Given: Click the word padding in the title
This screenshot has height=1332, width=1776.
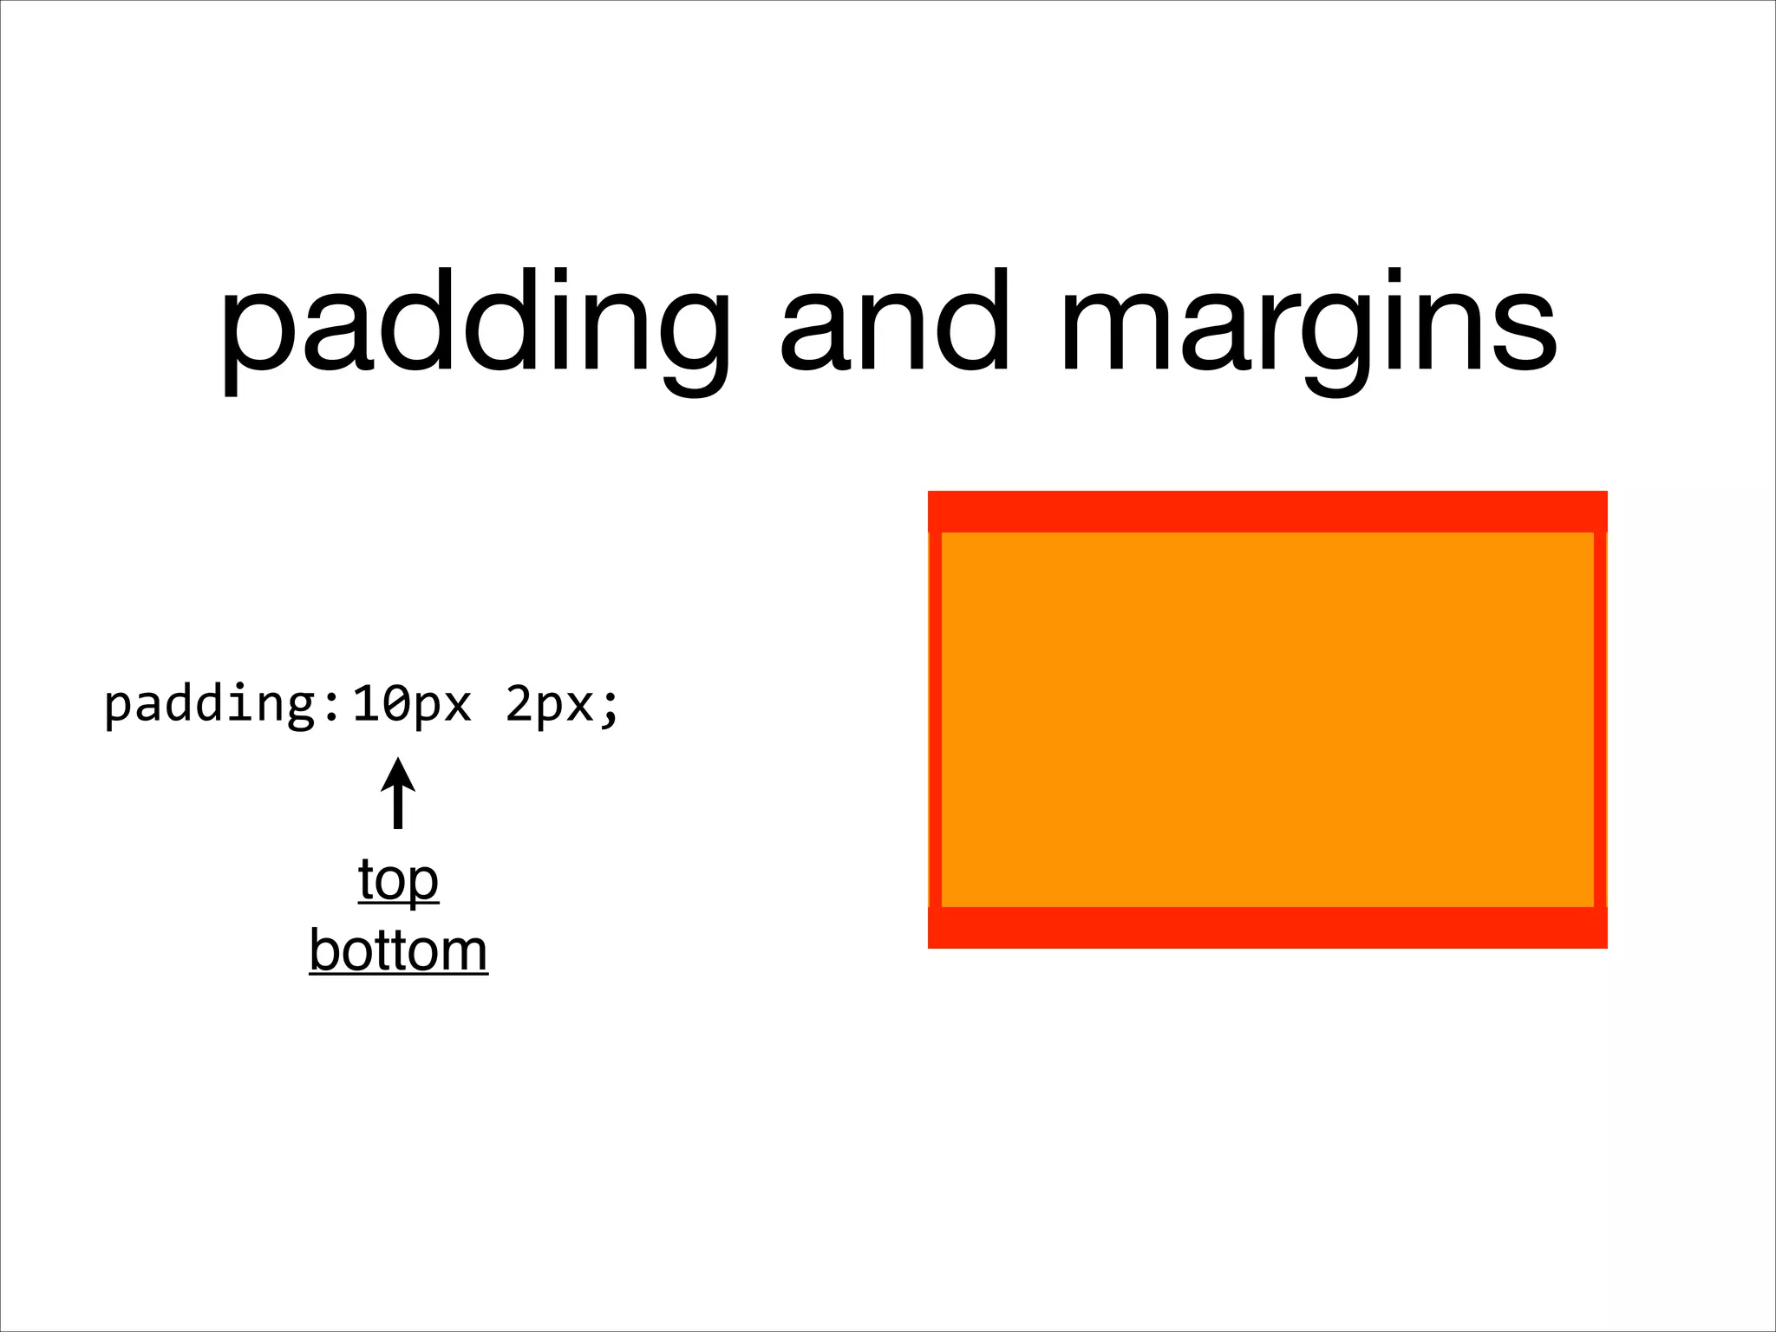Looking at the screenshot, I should click(475, 325).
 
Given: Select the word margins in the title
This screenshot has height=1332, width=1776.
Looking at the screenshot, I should click(1309, 325).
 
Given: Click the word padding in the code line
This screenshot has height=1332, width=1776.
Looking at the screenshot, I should click(211, 704).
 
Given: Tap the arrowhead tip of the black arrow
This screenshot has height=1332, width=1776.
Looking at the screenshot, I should click(398, 760).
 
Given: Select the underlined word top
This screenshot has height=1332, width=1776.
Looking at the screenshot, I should click(398, 880).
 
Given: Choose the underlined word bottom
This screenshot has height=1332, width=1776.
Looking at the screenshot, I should click(398, 950).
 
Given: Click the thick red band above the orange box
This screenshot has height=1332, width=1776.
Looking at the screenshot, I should click(1267, 512).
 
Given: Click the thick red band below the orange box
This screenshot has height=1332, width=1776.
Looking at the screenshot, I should click(1267, 928).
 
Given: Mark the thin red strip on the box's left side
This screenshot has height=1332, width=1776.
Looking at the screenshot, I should click(935, 720).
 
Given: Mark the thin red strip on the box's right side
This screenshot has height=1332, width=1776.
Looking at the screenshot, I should click(1600, 720).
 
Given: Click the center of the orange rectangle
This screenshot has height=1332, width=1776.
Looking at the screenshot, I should click(1267, 720).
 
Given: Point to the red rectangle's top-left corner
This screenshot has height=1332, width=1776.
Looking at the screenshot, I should click(930, 493).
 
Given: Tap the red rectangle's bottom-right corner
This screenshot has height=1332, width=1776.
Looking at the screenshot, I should click(1605, 946).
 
